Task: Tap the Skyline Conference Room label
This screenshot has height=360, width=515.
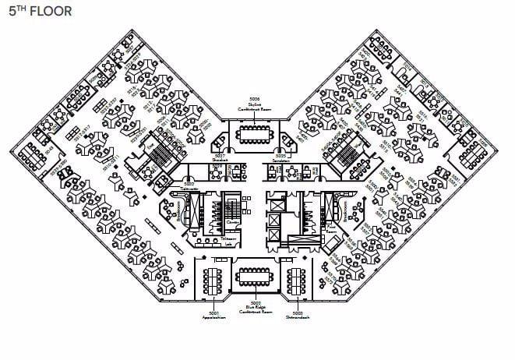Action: point(252,111)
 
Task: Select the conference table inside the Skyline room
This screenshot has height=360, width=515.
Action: point(252,135)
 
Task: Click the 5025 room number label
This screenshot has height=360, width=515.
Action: point(280,155)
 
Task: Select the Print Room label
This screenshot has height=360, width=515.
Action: point(332,231)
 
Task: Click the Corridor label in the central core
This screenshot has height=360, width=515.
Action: point(231,223)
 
